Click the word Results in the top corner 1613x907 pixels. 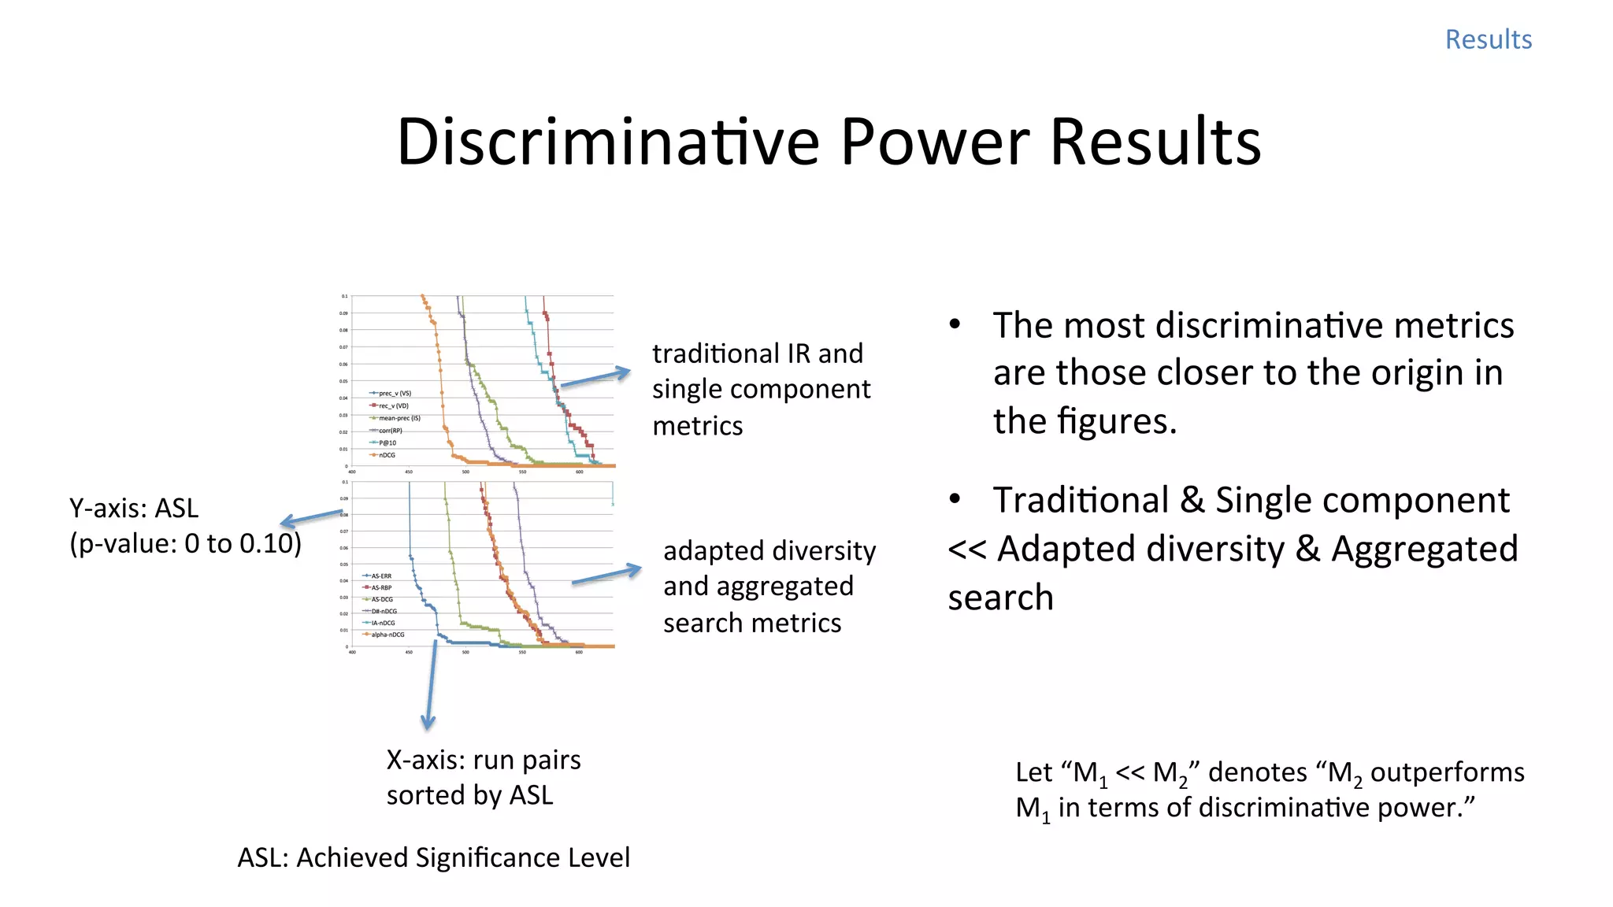[x=1488, y=39]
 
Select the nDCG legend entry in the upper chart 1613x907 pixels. [x=386, y=455]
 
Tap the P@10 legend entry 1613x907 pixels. [x=387, y=442]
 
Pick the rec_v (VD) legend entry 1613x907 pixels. [x=393, y=405]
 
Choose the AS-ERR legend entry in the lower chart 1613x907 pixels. [x=380, y=576]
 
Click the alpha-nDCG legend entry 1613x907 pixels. [x=387, y=635]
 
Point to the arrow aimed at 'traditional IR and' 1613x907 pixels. [x=595, y=378]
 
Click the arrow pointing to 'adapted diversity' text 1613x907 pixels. [x=606, y=575]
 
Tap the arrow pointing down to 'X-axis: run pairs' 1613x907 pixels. [x=431, y=685]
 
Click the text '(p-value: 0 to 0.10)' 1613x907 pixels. [x=185, y=543]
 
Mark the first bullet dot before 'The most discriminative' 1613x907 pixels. [x=955, y=324]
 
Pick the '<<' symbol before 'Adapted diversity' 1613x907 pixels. [x=967, y=549]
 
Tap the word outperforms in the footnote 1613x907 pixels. [x=1447, y=772]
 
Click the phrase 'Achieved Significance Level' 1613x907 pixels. [x=463, y=857]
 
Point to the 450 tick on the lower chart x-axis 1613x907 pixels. [x=409, y=653]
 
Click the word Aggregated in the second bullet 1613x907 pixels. [x=1424, y=549]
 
